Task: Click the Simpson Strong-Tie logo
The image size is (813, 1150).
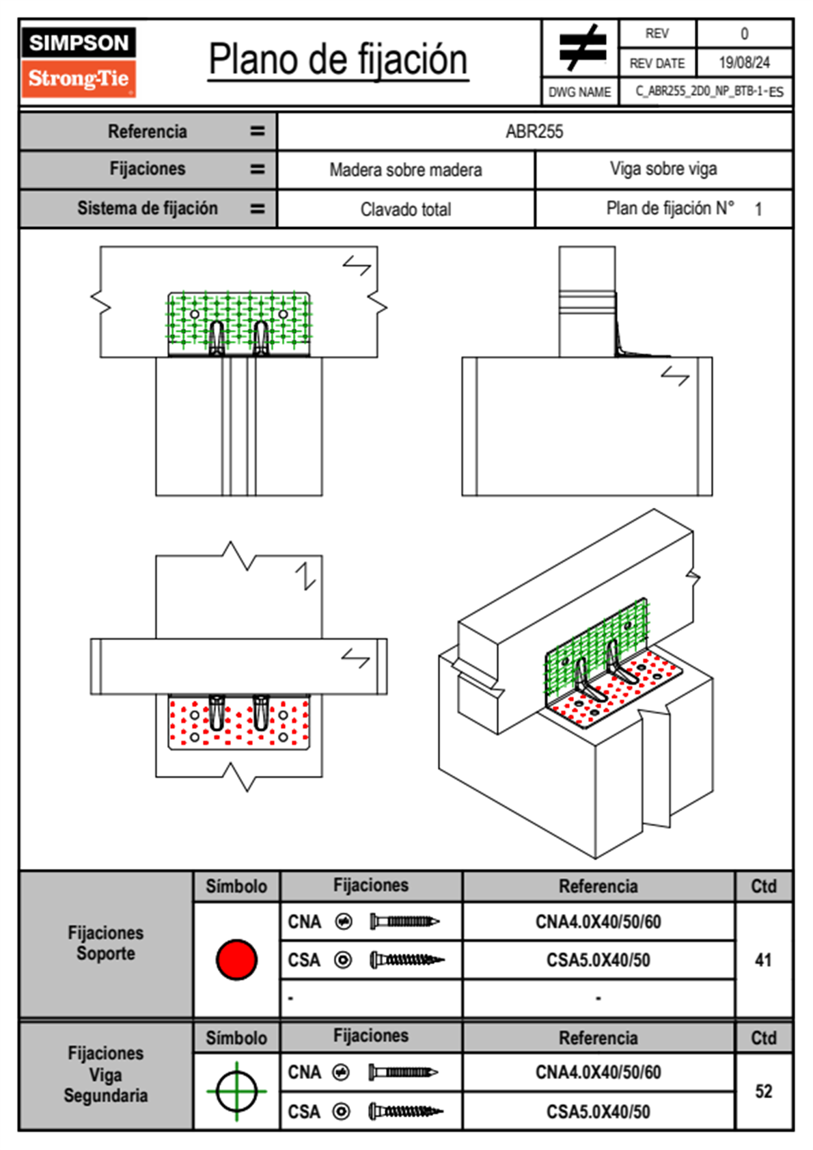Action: [x=79, y=62]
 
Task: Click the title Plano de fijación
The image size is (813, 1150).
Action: [x=337, y=59]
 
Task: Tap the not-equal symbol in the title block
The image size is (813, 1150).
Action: [x=581, y=48]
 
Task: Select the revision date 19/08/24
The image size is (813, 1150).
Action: [x=744, y=63]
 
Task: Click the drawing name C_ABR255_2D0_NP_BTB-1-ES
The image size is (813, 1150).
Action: [x=708, y=92]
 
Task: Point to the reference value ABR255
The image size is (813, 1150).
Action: [x=534, y=131]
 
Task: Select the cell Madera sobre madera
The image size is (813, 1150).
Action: [x=405, y=170]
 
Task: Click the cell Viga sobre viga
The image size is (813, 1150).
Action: [x=663, y=169]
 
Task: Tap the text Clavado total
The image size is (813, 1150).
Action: [x=405, y=209]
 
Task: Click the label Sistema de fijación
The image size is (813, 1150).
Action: [x=147, y=208]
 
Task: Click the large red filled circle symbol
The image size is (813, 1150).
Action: [x=236, y=959]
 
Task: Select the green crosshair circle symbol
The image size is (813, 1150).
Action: [x=236, y=1091]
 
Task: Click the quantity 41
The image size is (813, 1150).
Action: [x=763, y=960]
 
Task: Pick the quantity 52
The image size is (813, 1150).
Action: [x=763, y=1091]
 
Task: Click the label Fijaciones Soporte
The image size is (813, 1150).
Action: [x=105, y=943]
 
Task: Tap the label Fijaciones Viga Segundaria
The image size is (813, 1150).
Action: [x=105, y=1074]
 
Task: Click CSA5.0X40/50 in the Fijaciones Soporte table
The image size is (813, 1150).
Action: [x=598, y=960]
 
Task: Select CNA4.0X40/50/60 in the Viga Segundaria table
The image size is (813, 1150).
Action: [x=598, y=1072]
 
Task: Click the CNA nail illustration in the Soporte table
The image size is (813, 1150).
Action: [x=404, y=922]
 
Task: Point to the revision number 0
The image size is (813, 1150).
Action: [x=744, y=34]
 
